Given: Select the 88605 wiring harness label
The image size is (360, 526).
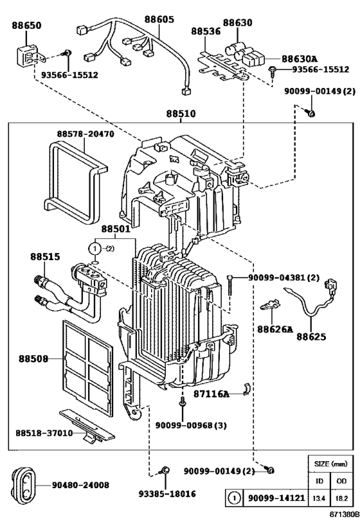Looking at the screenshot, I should click(159, 20).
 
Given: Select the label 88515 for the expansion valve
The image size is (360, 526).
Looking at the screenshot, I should click(44, 256).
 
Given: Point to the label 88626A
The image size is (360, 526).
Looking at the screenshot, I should click(274, 329).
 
